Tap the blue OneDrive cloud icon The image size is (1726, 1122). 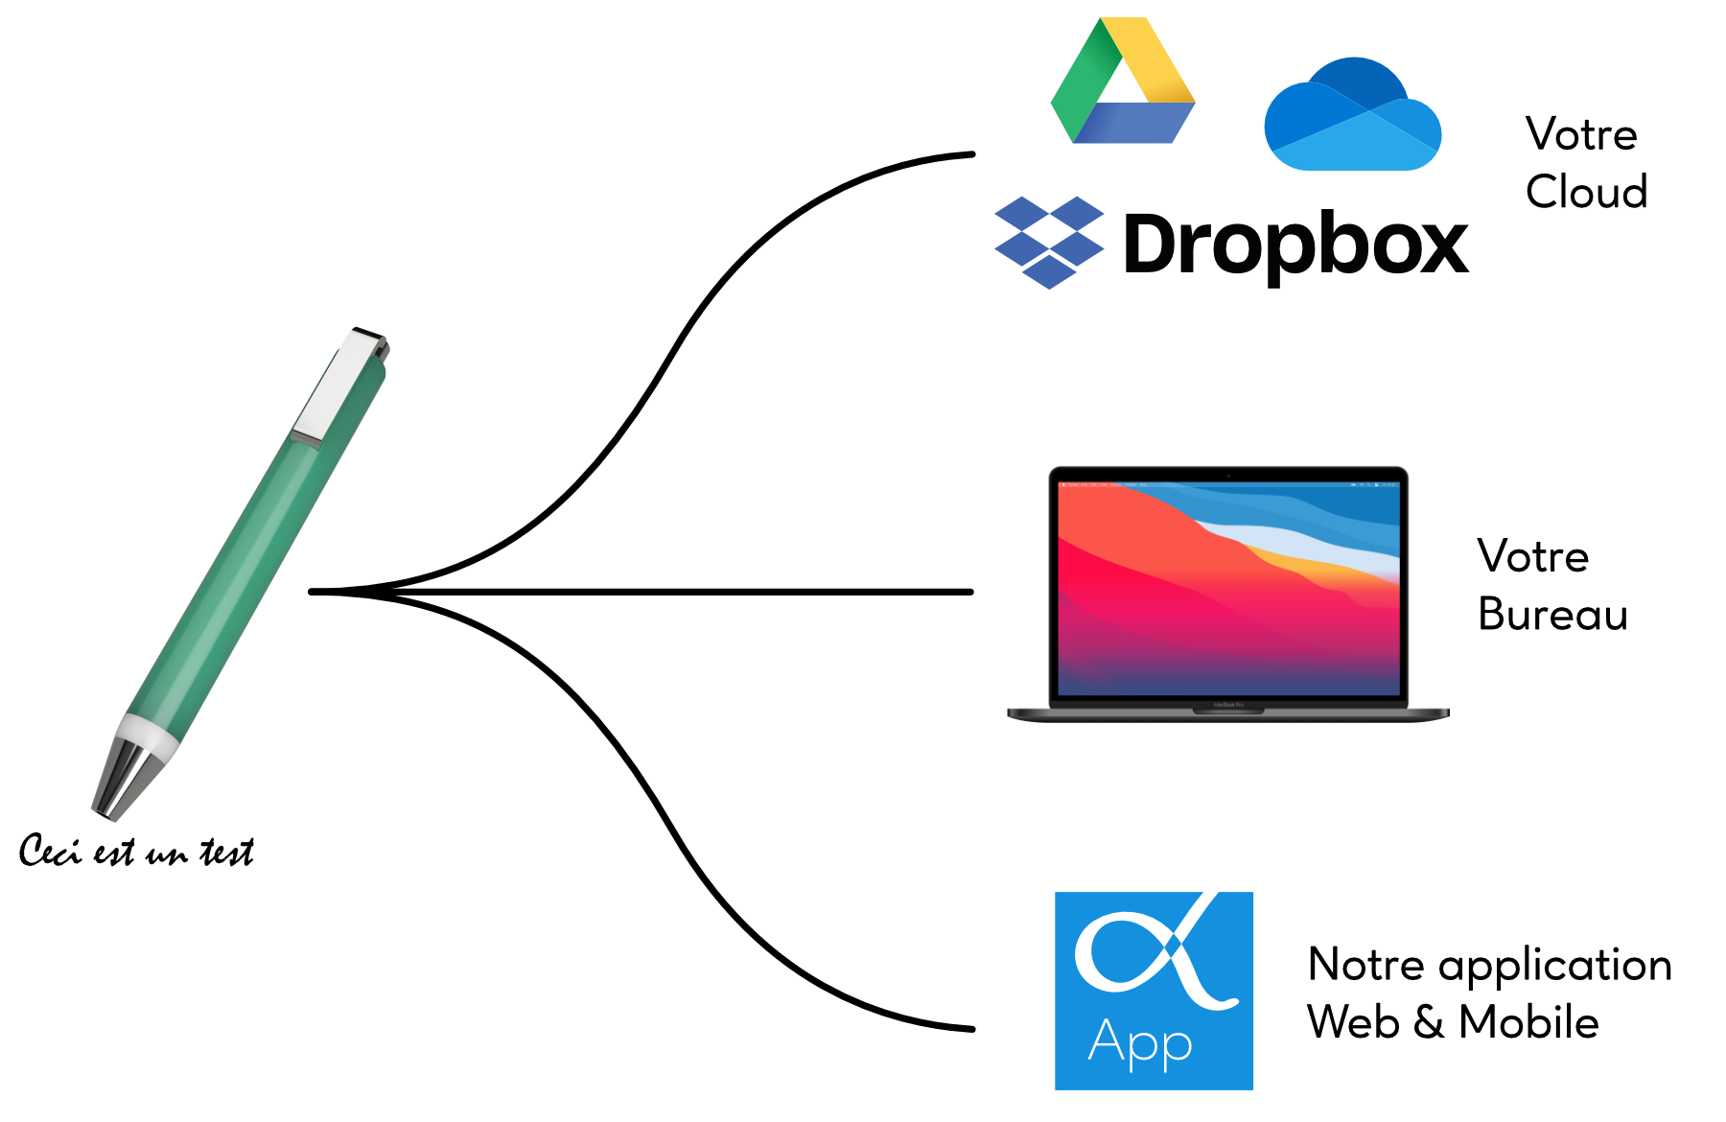pyautogui.click(x=1352, y=114)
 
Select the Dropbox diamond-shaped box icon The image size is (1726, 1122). pyautogui.click(x=1049, y=242)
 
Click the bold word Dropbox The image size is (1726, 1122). pyautogui.click(x=1295, y=245)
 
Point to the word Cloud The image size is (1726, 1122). pyautogui.click(x=1587, y=192)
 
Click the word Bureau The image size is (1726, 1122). pyautogui.click(x=1553, y=614)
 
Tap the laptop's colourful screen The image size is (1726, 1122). pyautogui.click(x=1228, y=588)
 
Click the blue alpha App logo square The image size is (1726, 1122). pyautogui.click(x=1154, y=991)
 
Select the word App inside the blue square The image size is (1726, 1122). pyautogui.click(x=1140, y=1043)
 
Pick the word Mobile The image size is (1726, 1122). pyautogui.click(x=1528, y=1022)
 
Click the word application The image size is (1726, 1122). pyautogui.click(x=1555, y=967)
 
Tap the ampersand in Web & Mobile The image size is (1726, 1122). pyautogui.click(x=1429, y=1022)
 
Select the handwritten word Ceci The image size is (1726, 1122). pyautogui.click(x=50, y=851)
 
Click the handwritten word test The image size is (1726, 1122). pyautogui.click(x=227, y=852)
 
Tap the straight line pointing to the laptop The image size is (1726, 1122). pyautogui.click(x=641, y=592)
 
